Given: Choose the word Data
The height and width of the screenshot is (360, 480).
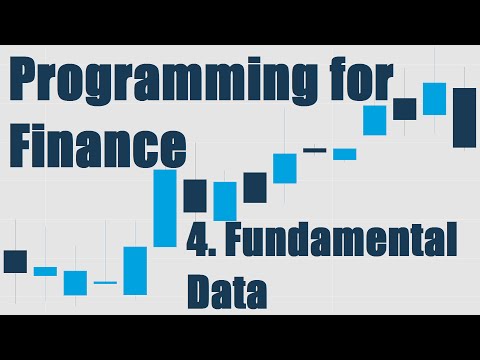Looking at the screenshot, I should pyautogui.click(x=227, y=292).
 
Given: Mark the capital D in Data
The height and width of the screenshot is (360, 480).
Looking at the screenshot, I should pyautogui.click(x=200, y=292).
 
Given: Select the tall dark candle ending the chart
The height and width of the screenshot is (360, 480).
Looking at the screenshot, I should pyautogui.click(x=464, y=117).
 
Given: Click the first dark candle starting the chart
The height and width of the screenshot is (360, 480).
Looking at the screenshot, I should pyautogui.click(x=15, y=261).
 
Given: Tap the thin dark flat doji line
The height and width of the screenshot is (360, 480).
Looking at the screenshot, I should pyautogui.click(x=315, y=150).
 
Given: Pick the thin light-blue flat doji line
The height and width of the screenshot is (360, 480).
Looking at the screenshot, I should pyautogui.click(x=105, y=283).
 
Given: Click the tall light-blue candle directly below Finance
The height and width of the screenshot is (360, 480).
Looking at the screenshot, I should pyautogui.click(x=165, y=208).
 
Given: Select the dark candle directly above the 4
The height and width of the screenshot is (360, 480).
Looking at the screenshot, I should pyautogui.click(x=195, y=195).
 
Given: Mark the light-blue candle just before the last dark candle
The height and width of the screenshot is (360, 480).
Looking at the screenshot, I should pyautogui.click(x=434, y=98).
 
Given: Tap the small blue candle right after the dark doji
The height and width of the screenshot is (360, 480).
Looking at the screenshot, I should pyautogui.click(x=345, y=154).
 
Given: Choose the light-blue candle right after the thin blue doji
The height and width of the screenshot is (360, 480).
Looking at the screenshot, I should pyautogui.click(x=135, y=270).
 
